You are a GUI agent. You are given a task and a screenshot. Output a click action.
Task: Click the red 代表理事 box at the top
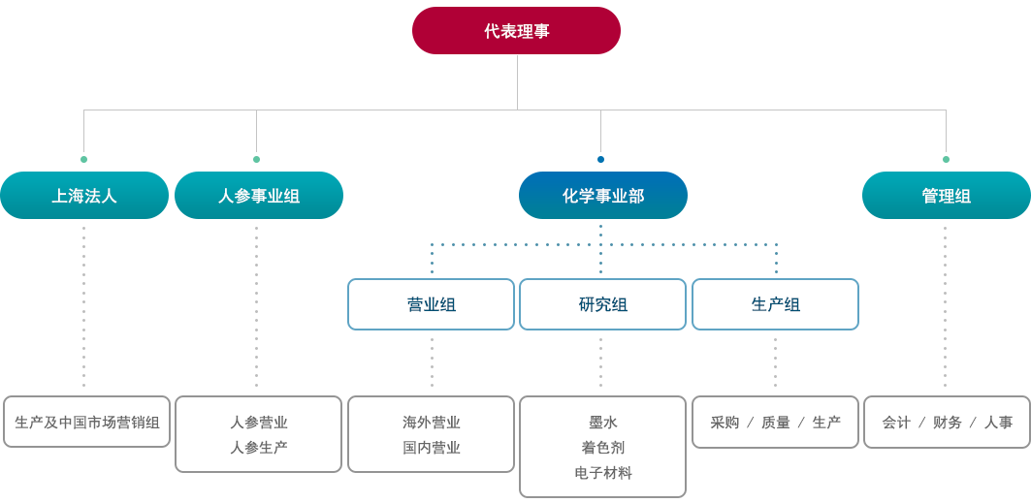coord(516,31)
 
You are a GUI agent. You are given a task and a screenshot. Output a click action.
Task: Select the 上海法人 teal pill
coord(84,196)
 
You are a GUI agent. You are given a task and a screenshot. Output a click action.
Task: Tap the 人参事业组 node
coord(258,196)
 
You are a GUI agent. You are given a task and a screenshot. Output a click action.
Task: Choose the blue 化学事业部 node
coord(603,196)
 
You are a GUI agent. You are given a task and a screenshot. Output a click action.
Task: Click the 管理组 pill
coord(947,196)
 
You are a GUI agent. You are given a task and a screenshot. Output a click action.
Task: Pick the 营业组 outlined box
coord(431,304)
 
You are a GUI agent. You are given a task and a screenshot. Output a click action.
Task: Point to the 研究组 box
coord(603,304)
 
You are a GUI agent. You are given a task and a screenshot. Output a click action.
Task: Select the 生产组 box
coord(775,304)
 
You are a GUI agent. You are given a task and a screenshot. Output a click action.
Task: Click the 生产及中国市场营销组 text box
coord(86,423)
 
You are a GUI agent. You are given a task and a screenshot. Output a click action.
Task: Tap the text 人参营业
coord(258,423)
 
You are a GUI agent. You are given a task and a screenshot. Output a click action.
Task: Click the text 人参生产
coord(258,448)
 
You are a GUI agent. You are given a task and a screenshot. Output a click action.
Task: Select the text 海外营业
coord(432,423)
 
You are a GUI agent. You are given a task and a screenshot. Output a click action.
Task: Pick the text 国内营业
coord(432,448)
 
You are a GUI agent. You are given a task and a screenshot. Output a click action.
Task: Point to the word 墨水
coord(603,423)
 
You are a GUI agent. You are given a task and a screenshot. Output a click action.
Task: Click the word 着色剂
coord(603,448)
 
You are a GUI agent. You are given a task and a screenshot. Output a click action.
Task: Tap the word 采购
coord(725,423)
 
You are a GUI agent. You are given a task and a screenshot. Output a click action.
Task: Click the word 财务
coord(947,423)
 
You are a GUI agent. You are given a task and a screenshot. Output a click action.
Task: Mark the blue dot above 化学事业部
coord(600,159)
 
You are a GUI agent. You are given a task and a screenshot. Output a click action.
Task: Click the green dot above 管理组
coord(947,159)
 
